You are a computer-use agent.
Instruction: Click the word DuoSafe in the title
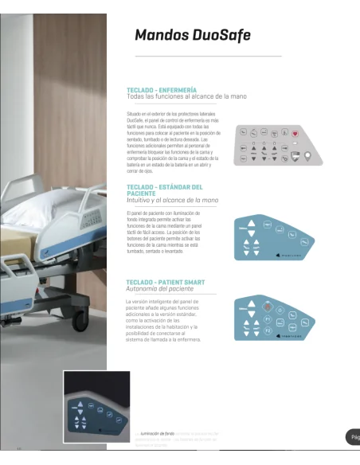pos(222,35)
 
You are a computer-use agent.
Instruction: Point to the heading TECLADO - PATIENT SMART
pos(165,283)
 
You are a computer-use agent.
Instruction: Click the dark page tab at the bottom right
pos(354,437)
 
